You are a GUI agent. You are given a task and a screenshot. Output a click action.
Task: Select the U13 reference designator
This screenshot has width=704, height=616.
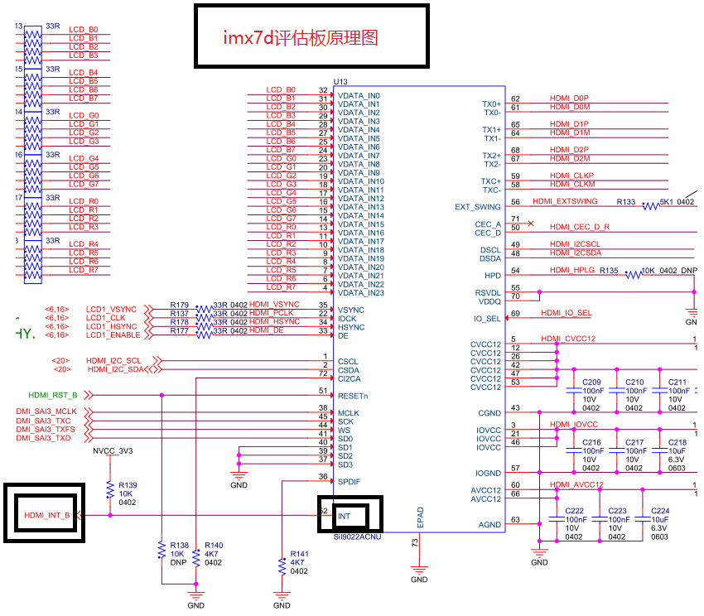[x=340, y=82]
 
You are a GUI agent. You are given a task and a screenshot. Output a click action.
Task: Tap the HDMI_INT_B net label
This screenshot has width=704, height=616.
[x=47, y=515]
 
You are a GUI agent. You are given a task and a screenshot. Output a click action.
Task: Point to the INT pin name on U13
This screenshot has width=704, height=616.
[x=345, y=516]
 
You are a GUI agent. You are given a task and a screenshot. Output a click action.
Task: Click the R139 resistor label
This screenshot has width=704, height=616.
[x=128, y=484]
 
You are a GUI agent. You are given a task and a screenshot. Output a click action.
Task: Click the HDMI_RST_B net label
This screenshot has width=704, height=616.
[x=53, y=395]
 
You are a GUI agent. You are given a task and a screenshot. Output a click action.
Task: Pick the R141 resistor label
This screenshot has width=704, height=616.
[x=299, y=554]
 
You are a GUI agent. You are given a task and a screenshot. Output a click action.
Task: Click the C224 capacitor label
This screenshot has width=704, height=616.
[x=659, y=511]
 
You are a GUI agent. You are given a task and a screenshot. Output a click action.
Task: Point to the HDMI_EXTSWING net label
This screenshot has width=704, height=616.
[x=565, y=201]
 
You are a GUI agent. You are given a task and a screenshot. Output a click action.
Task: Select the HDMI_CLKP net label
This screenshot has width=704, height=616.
[x=572, y=176]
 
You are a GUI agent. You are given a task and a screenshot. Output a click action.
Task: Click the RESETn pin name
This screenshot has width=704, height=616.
[x=353, y=395]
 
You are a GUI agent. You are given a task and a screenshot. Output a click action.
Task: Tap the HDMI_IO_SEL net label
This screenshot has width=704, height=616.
[x=567, y=313]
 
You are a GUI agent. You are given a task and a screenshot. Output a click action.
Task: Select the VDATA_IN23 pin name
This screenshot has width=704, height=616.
[x=360, y=293]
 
